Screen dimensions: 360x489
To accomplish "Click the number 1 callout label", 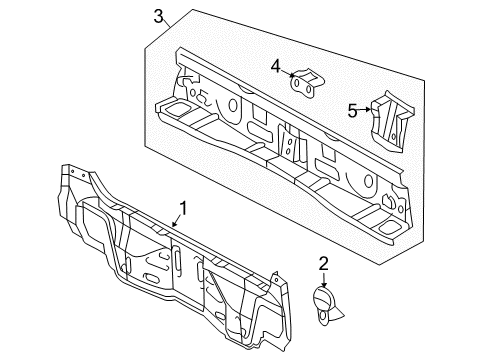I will (183, 210).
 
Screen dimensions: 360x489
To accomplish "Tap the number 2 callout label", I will (323, 264).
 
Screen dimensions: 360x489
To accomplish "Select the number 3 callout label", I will (159, 15).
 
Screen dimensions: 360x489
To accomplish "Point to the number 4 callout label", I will (275, 66).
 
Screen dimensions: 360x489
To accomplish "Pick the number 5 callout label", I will (352, 111).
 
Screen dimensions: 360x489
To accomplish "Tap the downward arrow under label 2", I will (323, 280).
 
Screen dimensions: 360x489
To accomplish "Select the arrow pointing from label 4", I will (289, 73).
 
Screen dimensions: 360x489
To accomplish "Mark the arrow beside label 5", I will (366, 112).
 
